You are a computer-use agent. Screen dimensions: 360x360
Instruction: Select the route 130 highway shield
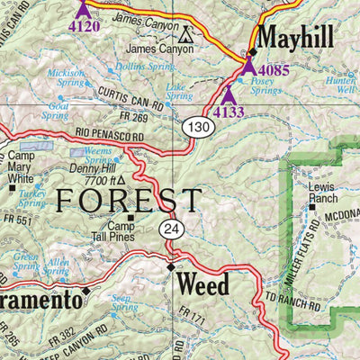click(x=200, y=129)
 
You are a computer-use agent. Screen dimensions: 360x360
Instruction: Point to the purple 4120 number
click(x=84, y=26)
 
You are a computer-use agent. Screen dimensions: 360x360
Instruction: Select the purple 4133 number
click(x=229, y=112)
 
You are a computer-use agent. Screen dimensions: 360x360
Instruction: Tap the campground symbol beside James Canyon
click(x=186, y=36)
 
